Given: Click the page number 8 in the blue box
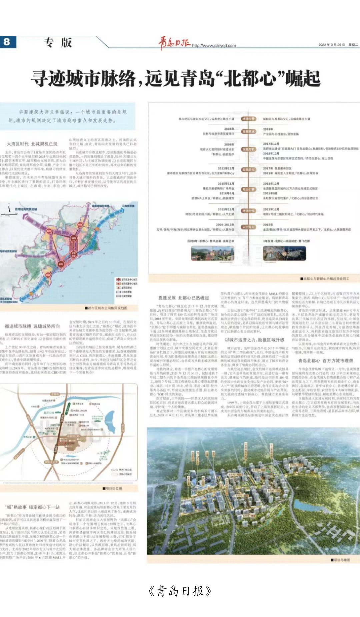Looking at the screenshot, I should (7, 42).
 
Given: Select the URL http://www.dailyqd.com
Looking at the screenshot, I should (214, 46).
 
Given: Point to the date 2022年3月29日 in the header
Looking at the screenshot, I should (331, 45).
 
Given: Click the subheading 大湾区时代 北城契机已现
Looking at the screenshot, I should (32, 144).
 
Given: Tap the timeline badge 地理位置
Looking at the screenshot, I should (248, 119).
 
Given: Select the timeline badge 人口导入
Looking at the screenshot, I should (248, 227).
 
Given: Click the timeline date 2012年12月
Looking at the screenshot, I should (226, 168).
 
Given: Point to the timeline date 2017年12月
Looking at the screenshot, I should (271, 144).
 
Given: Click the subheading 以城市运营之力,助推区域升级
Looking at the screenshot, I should (254, 340).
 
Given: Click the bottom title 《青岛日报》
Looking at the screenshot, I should (180, 591).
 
